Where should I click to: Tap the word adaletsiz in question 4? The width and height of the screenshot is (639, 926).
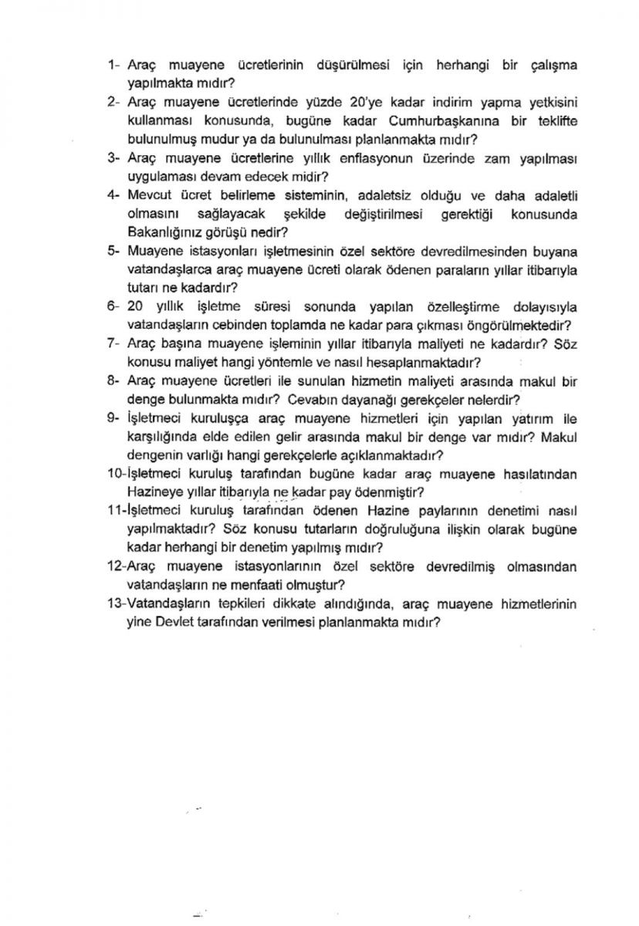pos(391,194)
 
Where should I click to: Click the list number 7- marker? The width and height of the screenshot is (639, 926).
pos(113,343)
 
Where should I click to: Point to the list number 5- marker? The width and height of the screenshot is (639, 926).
pos(113,251)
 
